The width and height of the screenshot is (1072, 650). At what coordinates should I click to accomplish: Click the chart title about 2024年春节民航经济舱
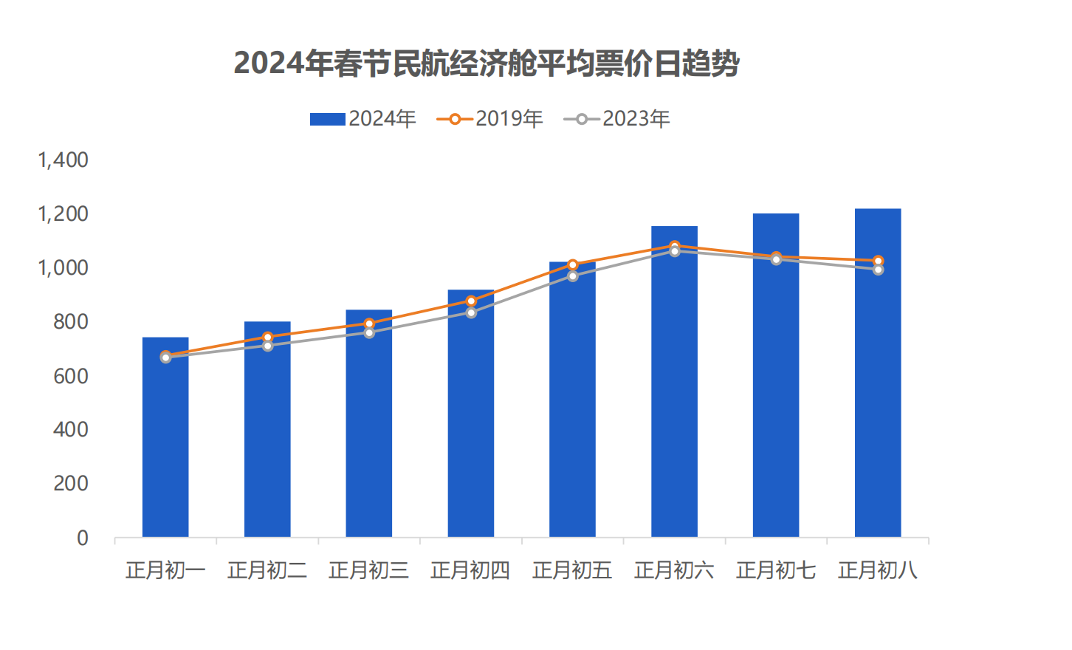[x=487, y=64]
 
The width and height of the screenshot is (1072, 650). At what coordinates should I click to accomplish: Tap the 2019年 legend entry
[x=490, y=119]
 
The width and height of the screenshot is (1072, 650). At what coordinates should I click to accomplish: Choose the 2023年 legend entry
[x=617, y=119]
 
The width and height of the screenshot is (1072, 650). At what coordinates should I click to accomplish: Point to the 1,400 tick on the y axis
[x=63, y=160]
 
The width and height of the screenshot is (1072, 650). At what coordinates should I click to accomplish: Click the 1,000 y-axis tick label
[x=63, y=267]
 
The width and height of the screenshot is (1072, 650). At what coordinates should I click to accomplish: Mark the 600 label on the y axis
[x=71, y=376]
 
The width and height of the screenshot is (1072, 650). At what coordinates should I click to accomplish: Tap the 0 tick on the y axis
[x=83, y=538]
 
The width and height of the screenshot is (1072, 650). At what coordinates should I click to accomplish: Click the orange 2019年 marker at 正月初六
[x=675, y=246]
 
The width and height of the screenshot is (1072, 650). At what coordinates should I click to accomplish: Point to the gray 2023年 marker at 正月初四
[x=471, y=312]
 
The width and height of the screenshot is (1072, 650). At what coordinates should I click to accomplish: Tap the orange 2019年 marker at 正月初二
[x=267, y=337]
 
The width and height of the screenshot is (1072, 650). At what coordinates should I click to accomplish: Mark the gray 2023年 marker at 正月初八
[x=878, y=270]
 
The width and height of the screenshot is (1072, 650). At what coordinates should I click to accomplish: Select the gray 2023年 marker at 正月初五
[x=572, y=276]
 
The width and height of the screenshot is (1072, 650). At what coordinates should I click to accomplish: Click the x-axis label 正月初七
[x=776, y=570]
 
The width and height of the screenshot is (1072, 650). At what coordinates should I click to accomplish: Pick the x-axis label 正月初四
[x=470, y=570]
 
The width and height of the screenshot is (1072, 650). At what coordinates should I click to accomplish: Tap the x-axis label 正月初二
[x=267, y=570]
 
